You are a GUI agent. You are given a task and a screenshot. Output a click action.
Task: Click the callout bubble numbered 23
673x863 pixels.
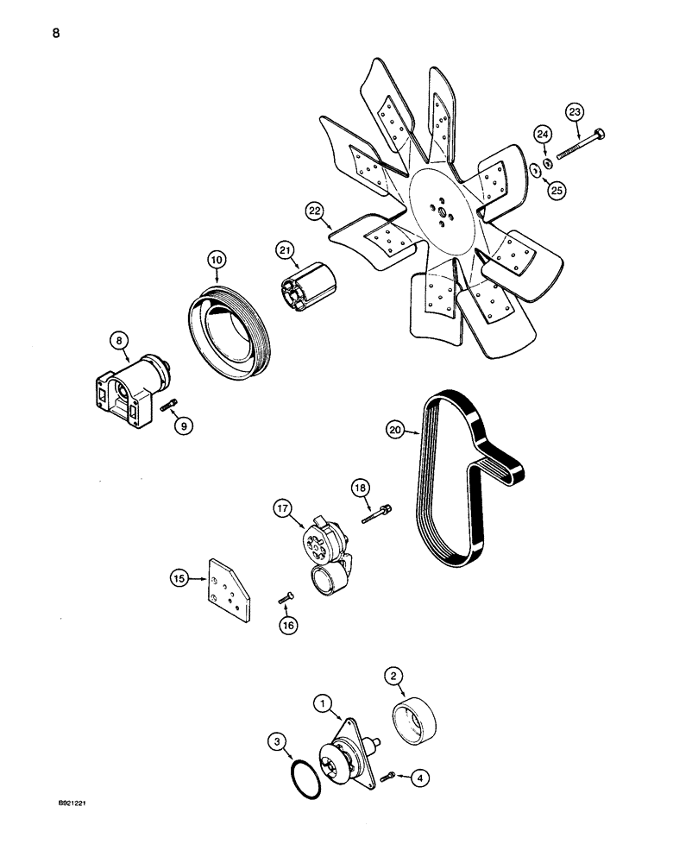576,111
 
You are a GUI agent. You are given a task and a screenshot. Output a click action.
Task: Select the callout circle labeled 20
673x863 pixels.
397,429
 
